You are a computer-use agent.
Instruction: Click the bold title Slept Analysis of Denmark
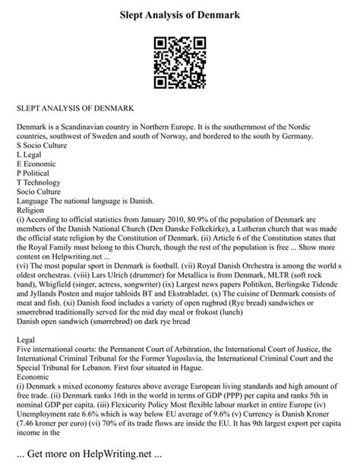179,14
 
